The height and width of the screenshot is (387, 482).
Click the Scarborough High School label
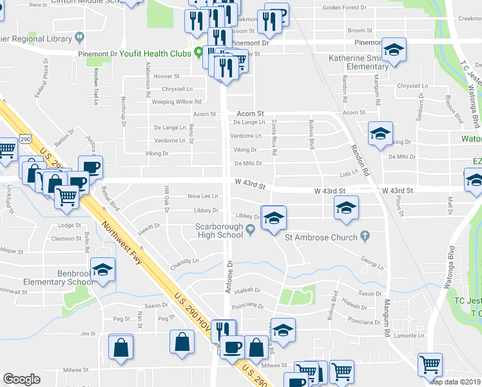[220, 231]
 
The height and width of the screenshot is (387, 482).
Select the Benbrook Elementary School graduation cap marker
[102, 270]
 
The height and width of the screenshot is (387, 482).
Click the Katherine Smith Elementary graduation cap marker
[392, 50]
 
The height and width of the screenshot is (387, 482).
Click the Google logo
[21, 379]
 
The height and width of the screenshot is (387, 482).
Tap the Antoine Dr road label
[229, 277]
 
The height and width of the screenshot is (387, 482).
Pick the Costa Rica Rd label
[274, 137]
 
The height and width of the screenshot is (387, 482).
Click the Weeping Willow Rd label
[177, 102]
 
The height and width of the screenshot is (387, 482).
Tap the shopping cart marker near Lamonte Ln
[429, 364]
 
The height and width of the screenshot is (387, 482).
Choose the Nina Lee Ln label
[202, 195]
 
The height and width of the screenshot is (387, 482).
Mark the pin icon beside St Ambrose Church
[365, 237]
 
